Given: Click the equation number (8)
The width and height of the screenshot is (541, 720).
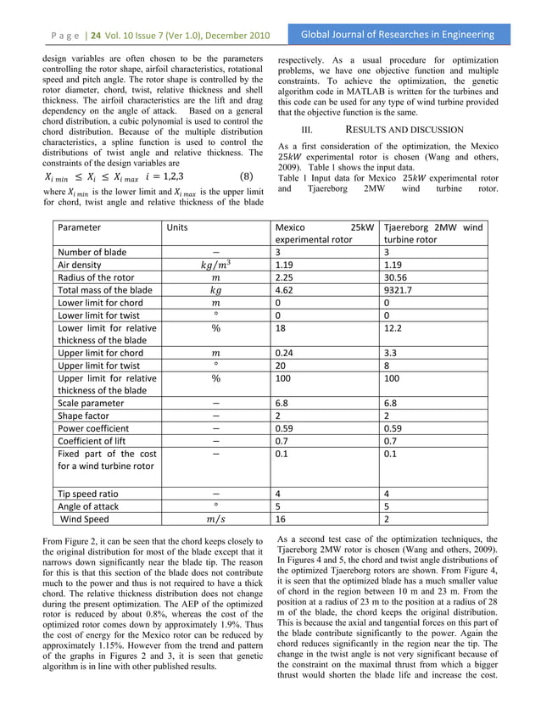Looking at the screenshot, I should (246, 177).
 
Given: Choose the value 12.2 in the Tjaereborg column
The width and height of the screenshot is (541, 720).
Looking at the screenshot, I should (393, 327).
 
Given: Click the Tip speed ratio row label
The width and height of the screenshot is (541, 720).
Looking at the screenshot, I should (88, 493).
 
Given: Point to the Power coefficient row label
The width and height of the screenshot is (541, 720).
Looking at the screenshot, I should (93, 428).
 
